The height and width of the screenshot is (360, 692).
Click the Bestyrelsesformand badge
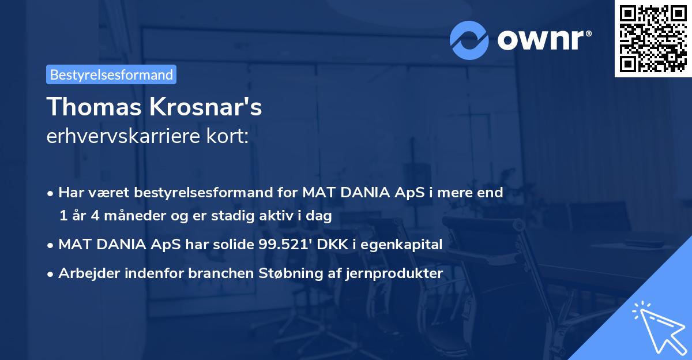point(111,74)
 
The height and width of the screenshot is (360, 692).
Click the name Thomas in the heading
point(92,107)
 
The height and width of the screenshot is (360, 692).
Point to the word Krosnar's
point(205,107)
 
